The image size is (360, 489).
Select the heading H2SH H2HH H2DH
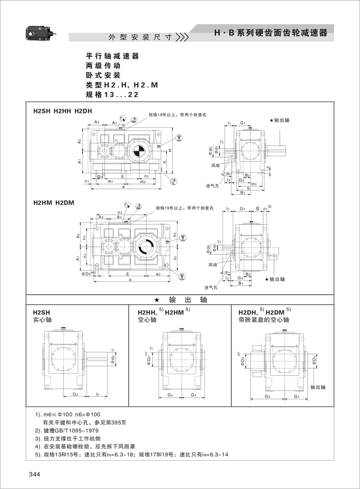(62, 111)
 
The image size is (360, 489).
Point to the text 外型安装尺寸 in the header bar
(133, 37)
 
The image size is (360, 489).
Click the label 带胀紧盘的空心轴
(264, 319)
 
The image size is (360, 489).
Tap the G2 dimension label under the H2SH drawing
(75, 394)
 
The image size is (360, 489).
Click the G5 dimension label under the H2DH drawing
(267, 397)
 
